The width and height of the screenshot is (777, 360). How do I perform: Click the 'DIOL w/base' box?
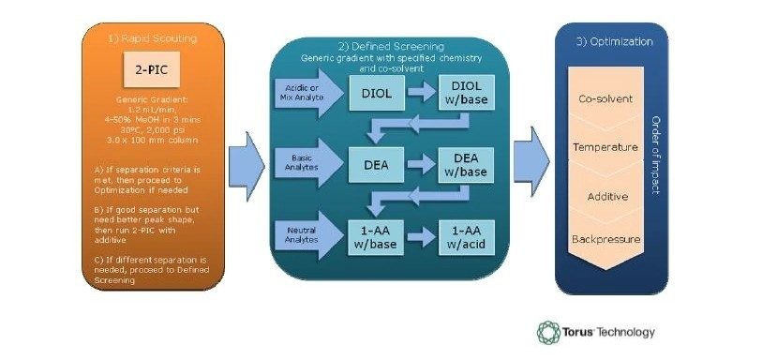tap(468, 95)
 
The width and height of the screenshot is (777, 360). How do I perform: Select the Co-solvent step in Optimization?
tap(606, 99)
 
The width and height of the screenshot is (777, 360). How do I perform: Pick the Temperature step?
tap(606, 148)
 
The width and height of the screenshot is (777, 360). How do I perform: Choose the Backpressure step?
tap(606, 240)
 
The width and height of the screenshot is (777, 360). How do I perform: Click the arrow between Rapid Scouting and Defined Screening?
tap(248, 154)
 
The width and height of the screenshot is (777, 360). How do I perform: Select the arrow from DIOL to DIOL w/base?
tap(422, 95)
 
